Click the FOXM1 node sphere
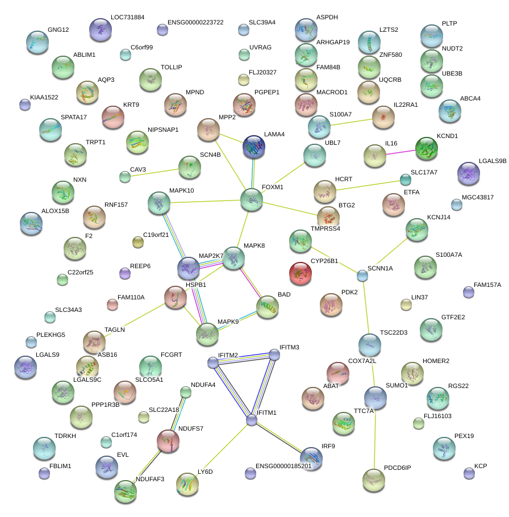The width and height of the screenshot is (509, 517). click(251, 200)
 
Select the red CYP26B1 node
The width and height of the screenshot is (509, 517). click(301, 273)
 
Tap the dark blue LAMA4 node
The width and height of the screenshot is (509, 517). click(254, 147)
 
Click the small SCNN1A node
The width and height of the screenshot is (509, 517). click(362, 276)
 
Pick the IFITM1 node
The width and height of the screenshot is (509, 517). click(252, 420)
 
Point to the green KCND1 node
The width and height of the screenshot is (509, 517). click(427, 148)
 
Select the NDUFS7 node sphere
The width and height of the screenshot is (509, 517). click(168, 441)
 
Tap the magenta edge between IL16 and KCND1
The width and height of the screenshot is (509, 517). click(400, 152)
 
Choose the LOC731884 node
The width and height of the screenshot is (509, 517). click(101, 30)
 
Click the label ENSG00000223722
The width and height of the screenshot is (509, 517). click(195, 23)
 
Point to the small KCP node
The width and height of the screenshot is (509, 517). click(469, 473)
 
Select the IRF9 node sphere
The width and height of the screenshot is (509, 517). click(311, 458)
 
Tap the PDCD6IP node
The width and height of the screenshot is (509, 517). click(373, 480)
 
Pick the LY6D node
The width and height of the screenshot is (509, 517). click(187, 484)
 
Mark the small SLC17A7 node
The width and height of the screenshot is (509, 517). click(405, 180)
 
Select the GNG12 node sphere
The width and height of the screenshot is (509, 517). click(38, 42)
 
